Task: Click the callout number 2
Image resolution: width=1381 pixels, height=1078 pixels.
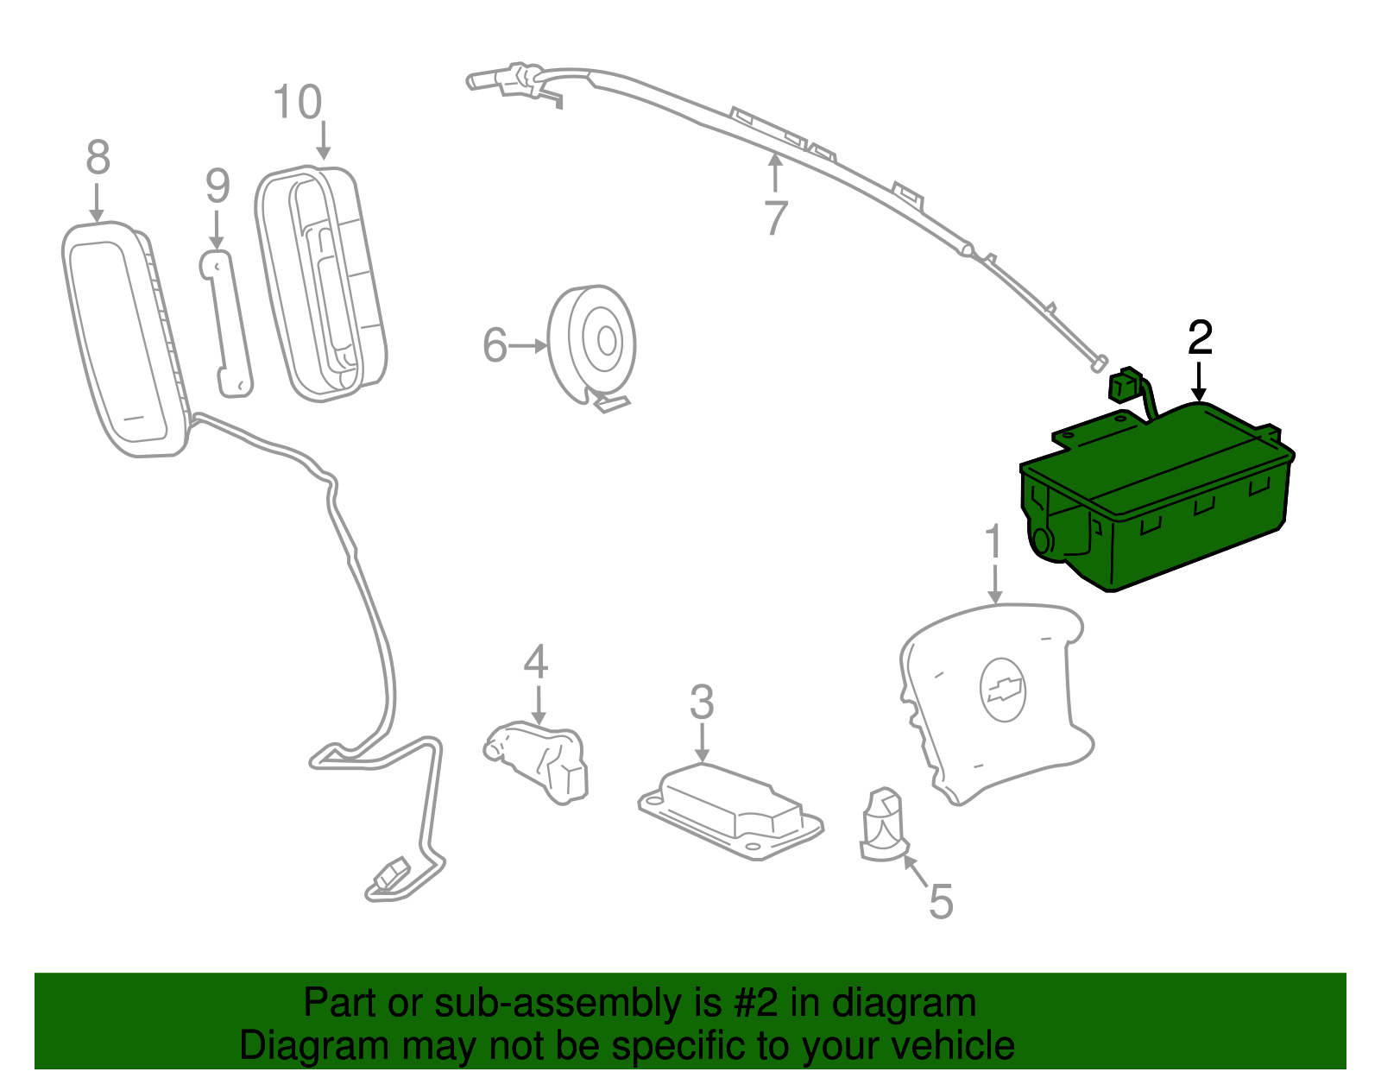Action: [x=1200, y=337]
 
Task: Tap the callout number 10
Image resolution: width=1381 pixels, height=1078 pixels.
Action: [x=298, y=103]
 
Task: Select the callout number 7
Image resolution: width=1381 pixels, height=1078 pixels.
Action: [x=776, y=218]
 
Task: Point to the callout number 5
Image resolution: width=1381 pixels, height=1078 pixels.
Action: [x=941, y=902]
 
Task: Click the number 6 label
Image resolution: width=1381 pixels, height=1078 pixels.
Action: [x=495, y=345]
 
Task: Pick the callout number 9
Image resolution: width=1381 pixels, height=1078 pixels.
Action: [x=218, y=186]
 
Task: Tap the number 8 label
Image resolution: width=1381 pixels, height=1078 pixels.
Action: [x=98, y=158]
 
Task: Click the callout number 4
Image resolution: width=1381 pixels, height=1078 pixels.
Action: [x=536, y=662]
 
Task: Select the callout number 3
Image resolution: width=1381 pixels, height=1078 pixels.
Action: [x=702, y=703]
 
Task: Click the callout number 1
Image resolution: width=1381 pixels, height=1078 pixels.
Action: [x=994, y=543]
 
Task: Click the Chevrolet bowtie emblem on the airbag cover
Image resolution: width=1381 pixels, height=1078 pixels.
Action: [x=1003, y=690]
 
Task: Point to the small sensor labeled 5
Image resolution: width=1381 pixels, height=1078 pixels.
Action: [x=882, y=825]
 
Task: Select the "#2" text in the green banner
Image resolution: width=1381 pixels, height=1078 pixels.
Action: [x=756, y=1004]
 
